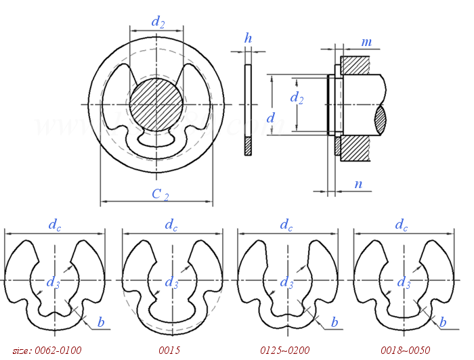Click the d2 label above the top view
click(158, 22)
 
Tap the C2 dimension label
click(160, 195)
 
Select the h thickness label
click(249, 39)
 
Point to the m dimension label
click(366, 43)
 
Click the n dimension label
click(358, 183)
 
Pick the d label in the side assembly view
click(271, 118)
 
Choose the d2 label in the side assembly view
click(297, 98)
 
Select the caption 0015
click(170, 351)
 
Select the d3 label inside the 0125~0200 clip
click(287, 282)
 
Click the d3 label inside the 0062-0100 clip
click(53, 282)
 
